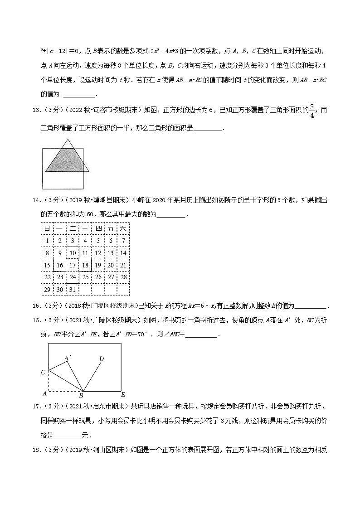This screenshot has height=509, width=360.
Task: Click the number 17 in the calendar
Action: pyautogui.click(x=73, y=265)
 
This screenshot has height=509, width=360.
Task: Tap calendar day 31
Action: pyautogui.click(x=73, y=290)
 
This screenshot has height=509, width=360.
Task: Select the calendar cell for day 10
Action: pyautogui.click(x=73, y=253)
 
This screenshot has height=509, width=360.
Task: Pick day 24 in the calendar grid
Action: pyautogui.click(x=73, y=277)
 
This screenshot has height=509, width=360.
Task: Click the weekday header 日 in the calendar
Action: pyautogui.click(x=47, y=228)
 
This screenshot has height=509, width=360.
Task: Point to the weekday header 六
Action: pyautogui.click(x=123, y=228)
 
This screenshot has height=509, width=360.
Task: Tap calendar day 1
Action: pyautogui.click(x=47, y=241)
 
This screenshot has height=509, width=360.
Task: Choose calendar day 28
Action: pyautogui.click(x=123, y=277)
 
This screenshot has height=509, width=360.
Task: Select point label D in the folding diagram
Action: pyautogui.click(x=102, y=359)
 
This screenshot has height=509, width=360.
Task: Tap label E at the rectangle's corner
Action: pyautogui.click(x=123, y=394)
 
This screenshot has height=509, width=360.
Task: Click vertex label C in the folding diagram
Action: pyautogui.click(x=43, y=372)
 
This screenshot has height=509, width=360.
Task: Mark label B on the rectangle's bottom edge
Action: pyautogui.click(x=82, y=395)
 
